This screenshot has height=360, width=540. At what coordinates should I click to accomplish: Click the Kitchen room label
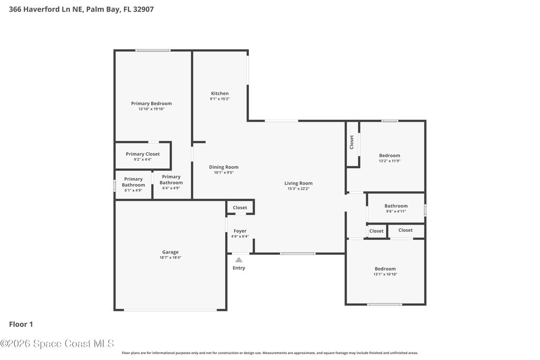220,93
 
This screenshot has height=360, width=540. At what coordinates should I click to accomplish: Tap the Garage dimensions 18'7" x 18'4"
170,257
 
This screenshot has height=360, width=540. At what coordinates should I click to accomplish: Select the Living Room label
298,183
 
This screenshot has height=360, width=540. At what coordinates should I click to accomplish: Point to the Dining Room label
224,167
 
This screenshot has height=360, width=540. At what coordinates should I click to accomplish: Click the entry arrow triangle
239,260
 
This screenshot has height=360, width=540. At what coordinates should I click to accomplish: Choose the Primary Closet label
142,154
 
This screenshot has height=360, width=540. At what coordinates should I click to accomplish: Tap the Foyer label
240,231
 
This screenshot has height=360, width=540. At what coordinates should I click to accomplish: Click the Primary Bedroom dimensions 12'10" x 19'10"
151,109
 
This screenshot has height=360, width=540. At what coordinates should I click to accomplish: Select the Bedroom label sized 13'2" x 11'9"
390,155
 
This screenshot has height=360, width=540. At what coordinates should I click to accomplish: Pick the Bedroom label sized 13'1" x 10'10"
385,269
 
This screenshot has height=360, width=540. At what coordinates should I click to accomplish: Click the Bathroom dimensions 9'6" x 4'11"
396,211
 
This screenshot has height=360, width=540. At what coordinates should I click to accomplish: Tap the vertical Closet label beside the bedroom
352,142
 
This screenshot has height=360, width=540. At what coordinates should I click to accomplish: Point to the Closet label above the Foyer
240,208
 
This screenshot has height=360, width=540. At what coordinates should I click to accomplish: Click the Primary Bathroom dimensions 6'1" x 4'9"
133,190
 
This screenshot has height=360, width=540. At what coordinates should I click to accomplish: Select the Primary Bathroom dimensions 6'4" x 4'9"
171,188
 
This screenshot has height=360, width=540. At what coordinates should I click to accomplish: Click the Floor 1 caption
21,324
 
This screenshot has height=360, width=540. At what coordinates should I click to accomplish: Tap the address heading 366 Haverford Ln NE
45,9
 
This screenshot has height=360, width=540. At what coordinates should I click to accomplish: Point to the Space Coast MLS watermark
57,344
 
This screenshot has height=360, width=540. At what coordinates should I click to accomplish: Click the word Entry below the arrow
239,268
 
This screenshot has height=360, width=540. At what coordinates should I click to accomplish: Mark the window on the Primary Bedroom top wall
152,51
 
